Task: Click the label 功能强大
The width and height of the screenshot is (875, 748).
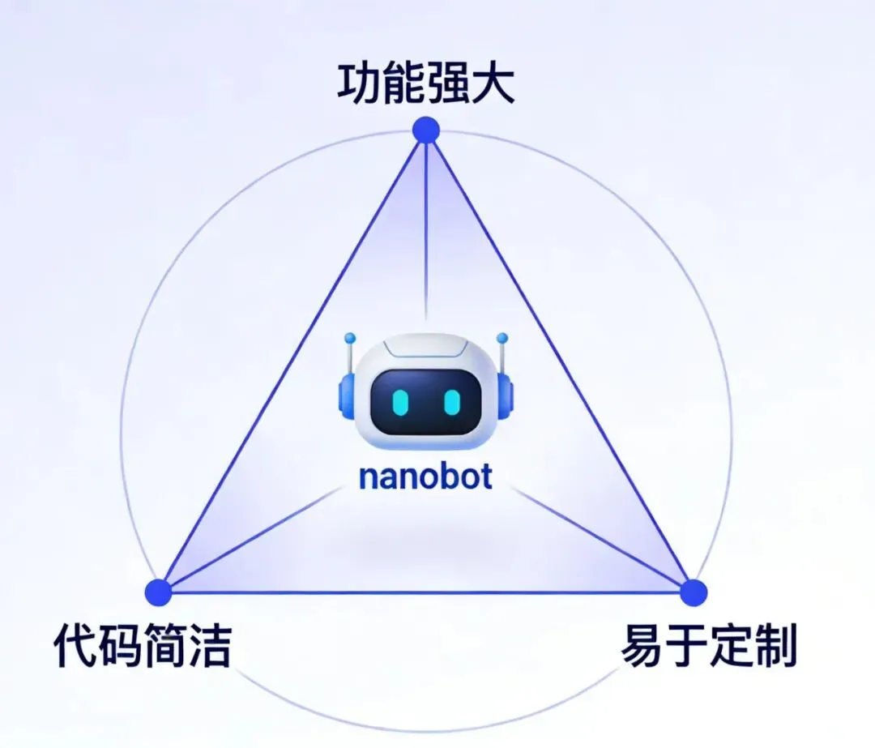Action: [425, 85]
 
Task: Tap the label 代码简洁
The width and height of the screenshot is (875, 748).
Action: [143, 646]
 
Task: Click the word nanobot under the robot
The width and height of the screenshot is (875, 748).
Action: [425, 477]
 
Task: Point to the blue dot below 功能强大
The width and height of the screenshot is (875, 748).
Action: [425, 130]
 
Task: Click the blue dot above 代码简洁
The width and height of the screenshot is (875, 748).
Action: [159, 592]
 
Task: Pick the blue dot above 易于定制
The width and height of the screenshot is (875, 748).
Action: [694, 592]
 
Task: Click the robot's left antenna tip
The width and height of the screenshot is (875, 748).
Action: [349, 337]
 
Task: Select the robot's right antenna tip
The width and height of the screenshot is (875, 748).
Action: [502, 337]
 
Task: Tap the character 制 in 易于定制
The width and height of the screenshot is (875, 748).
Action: [775, 646]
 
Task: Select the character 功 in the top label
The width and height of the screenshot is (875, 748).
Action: [359, 85]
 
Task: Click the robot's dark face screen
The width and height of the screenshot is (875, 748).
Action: [425, 401]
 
